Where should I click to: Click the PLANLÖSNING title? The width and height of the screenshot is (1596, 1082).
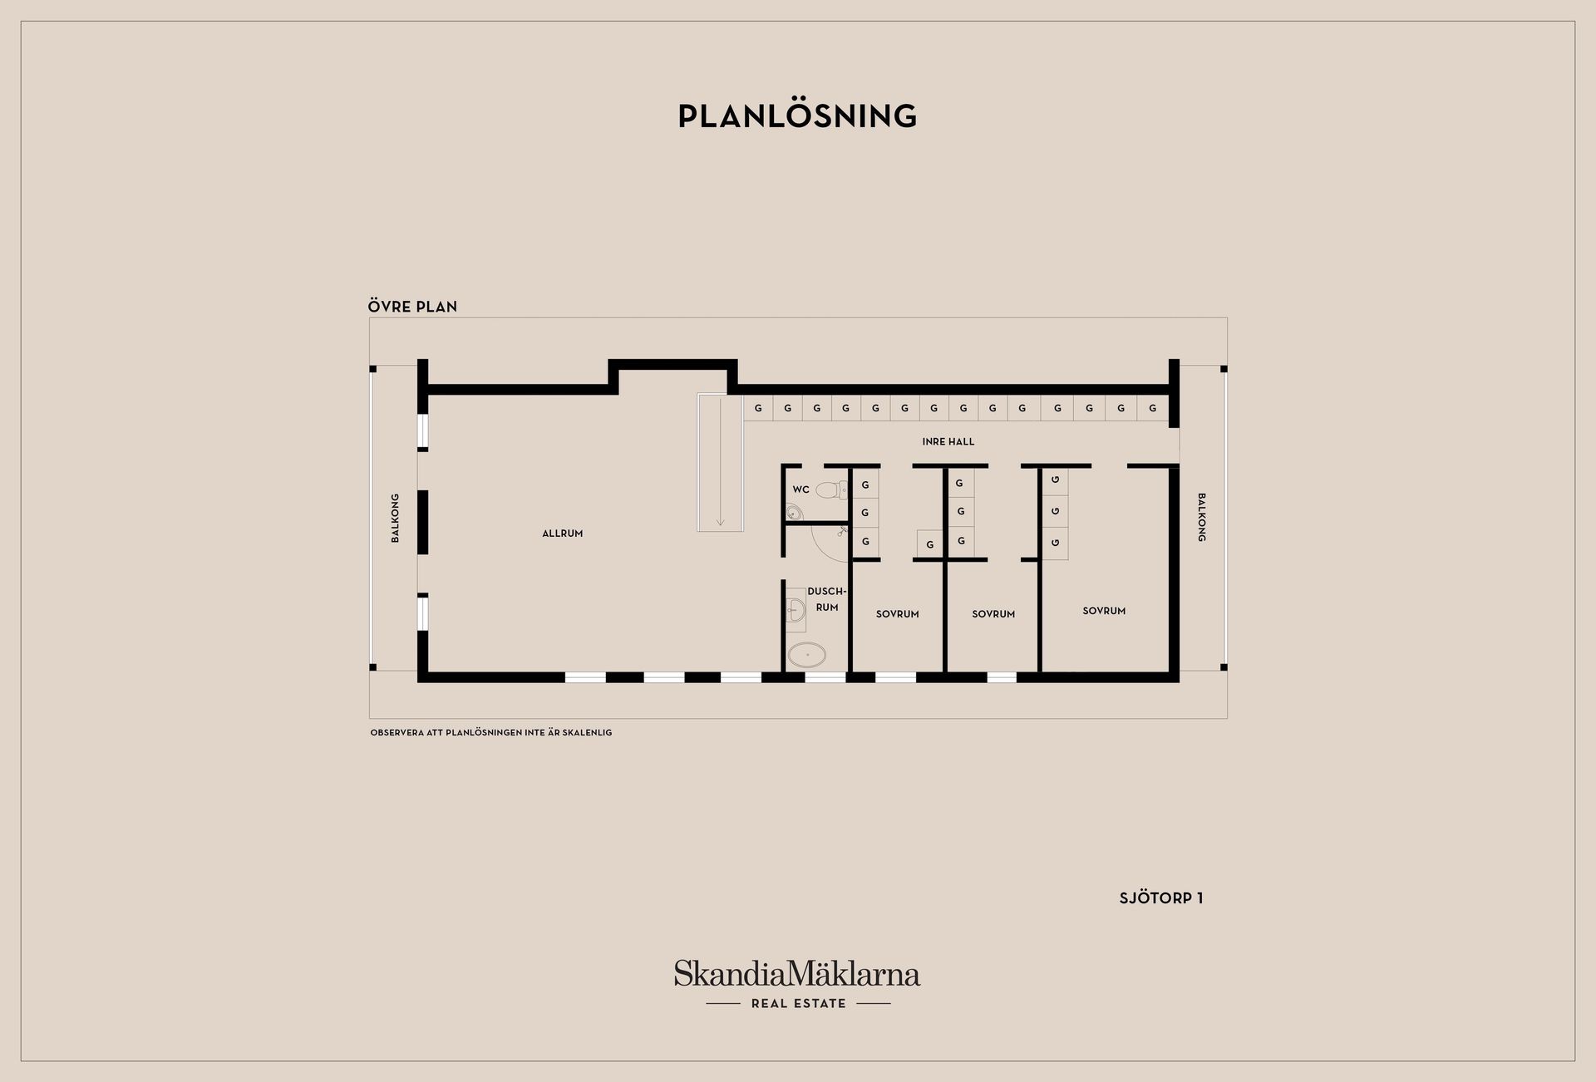point(797,116)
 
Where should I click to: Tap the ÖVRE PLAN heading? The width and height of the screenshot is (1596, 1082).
point(412,307)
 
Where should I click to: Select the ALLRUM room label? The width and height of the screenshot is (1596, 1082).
point(563,534)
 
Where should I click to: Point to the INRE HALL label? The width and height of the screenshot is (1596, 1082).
point(948,442)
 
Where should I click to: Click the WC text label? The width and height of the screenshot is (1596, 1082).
point(801,489)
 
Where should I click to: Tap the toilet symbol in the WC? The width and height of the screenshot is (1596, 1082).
point(830,490)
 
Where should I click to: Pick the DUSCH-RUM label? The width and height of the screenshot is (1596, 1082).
point(826,599)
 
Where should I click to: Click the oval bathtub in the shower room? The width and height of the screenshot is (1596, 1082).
point(807,656)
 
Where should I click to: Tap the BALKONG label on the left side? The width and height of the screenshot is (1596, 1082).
point(395,519)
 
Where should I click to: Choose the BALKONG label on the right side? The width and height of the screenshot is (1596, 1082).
point(1201,518)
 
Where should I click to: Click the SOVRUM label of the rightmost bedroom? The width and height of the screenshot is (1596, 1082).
point(1104,611)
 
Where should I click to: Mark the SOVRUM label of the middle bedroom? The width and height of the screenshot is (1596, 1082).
point(993,614)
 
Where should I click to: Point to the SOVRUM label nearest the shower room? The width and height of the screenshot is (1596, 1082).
point(898,614)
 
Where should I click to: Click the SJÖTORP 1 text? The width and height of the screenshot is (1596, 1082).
point(1161,898)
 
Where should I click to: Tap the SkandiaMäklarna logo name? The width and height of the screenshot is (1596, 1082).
point(797,973)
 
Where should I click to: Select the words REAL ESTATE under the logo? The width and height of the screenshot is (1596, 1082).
point(798,1004)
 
